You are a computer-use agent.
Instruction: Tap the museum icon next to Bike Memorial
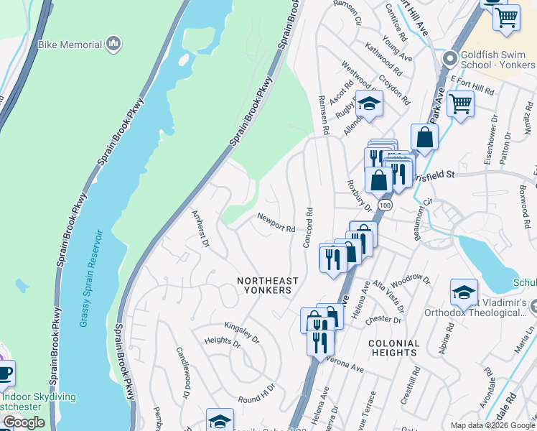pyautogui.click(x=113, y=45)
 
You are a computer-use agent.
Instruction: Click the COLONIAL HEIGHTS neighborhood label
pyautogui.click(x=393, y=348)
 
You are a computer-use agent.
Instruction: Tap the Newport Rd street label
pyautogui.click(x=277, y=223)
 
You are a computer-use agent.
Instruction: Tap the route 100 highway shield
pyautogui.click(x=386, y=205)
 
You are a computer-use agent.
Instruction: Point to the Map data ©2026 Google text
pyautogui.click(x=492, y=425)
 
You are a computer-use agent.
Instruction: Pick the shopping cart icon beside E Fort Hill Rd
pyautogui.click(x=459, y=103)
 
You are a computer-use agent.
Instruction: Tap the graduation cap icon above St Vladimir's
pyautogui.click(x=464, y=292)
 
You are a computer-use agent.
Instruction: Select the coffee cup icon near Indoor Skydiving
pyautogui.click(x=4, y=373)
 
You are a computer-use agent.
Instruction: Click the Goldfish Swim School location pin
pyautogui.click(x=450, y=57)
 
